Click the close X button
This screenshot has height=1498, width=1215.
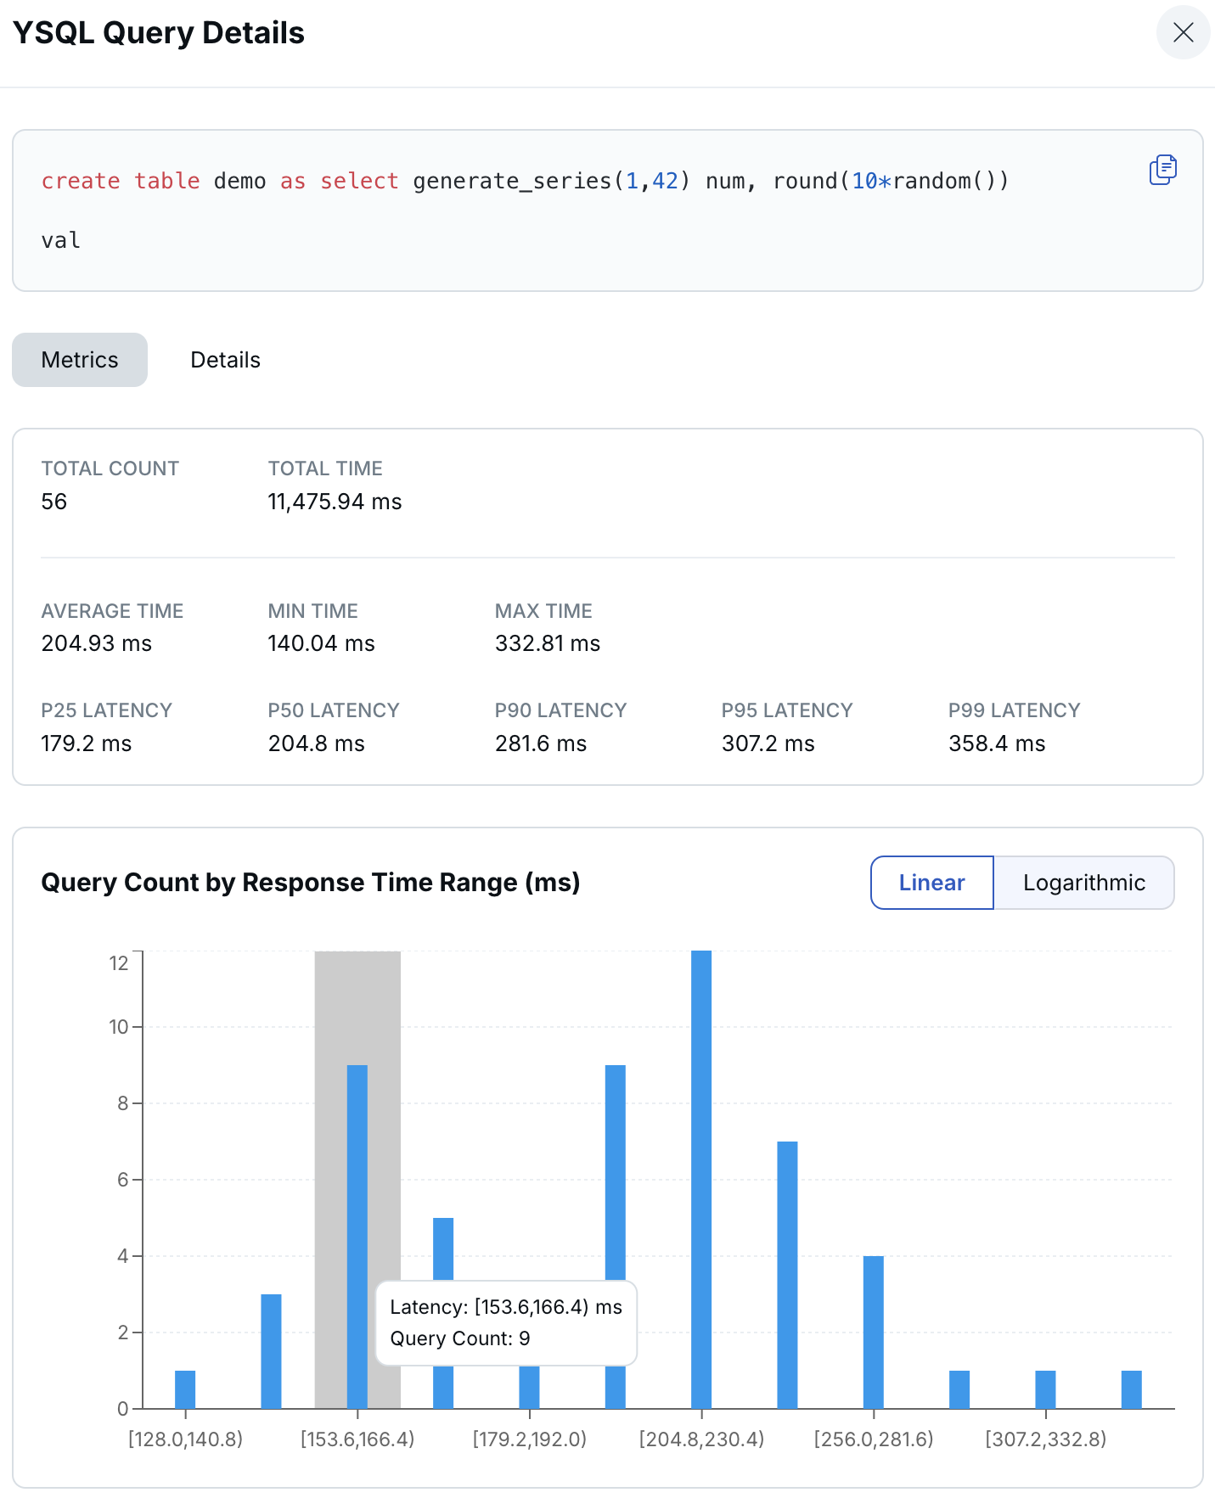[x=1183, y=32]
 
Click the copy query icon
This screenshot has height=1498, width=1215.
[x=1162, y=170]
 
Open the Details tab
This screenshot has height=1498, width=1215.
[x=225, y=360]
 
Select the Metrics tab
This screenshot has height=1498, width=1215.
[x=80, y=360]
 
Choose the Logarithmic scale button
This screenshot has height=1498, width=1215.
[x=1083, y=883]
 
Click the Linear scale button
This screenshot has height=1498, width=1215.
[x=931, y=883]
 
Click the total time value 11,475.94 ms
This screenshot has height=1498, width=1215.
[x=335, y=502]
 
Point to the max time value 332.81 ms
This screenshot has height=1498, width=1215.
[x=547, y=643]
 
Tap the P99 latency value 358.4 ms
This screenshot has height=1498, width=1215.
[x=996, y=743]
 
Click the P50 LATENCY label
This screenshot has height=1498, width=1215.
[x=333, y=710]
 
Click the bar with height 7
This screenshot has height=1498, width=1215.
[x=787, y=1273]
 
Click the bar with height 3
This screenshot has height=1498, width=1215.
[x=271, y=1349]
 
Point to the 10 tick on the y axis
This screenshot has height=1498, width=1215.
[x=119, y=1027]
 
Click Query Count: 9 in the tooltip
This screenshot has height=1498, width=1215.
[x=459, y=1338]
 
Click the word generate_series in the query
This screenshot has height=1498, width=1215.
[x=512, y=181]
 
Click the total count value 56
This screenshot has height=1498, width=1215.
[x=53, y=502]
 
